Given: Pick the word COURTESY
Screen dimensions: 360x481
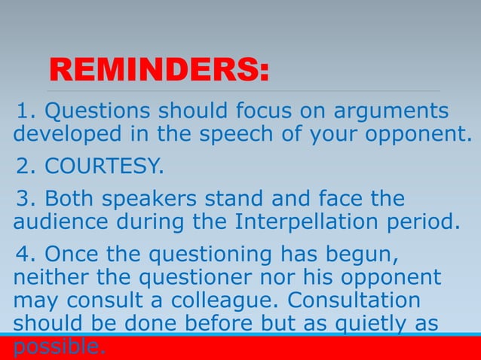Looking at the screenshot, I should [x=105, y=165].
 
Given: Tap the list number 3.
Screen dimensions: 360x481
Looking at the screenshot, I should [x=25, y=199].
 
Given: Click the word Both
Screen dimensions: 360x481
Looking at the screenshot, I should [x=70, y=199].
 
